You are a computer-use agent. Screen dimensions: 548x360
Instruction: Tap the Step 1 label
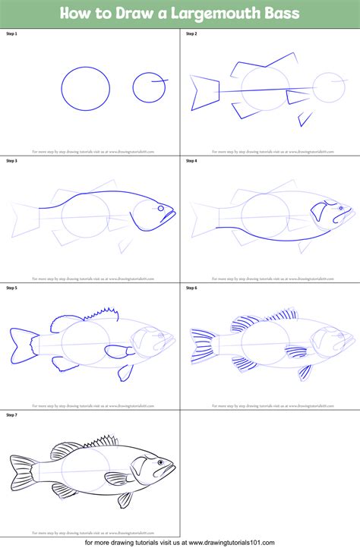[x=11, y=34]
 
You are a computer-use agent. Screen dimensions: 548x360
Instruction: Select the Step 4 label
[x=191, y=161]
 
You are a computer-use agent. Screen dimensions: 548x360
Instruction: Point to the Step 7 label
[x=11, y=415]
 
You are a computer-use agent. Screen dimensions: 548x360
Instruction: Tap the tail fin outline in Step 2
[x=204, y=91]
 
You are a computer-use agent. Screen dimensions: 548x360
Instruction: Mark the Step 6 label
[x=191, y=288]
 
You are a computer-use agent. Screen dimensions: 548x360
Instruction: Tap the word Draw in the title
[x=141, y=14]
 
